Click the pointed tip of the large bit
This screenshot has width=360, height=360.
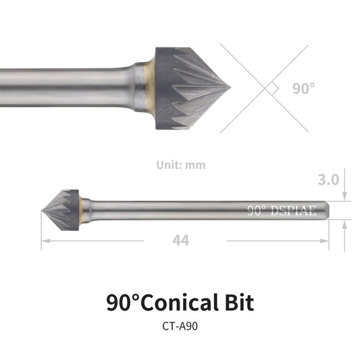tap(230, 87)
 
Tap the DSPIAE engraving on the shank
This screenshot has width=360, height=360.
tap(294, 209)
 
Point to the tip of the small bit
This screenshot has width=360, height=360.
tap(43, 209)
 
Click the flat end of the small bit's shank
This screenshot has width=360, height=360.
tap(330, 209)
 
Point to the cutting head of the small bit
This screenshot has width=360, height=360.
tap(64, 209)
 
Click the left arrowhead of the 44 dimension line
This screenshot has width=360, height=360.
tap(44, 240)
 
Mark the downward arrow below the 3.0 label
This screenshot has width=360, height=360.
tap(344, 195)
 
